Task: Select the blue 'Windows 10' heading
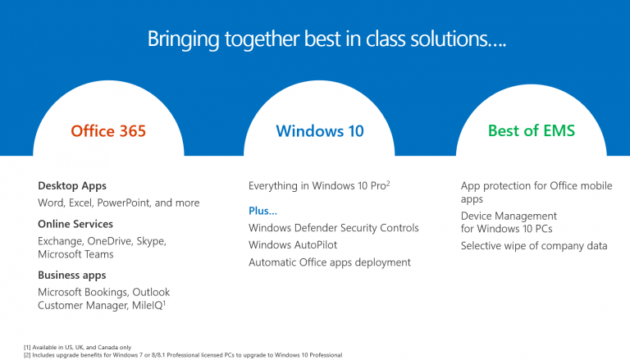320,130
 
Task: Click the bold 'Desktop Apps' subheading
72,186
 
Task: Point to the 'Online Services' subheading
75,224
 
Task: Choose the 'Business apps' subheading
72,275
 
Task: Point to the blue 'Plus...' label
263,212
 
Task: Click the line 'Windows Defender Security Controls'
334,228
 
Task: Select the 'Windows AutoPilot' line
293,245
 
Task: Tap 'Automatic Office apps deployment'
330,262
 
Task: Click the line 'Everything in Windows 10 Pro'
318,186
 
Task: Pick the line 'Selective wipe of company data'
534,245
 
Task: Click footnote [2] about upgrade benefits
183,354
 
